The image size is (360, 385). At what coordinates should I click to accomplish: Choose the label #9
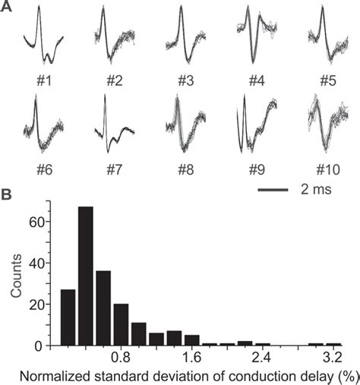(x=255, y=162)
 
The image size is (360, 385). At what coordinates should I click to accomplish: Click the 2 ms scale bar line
(x=269, y=186)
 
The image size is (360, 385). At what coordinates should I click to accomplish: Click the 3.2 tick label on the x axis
(x=330, y=357)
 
